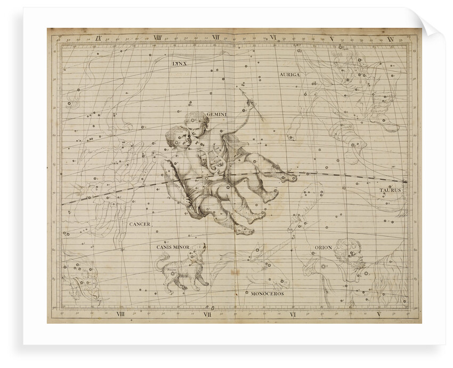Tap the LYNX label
tap(180, 63)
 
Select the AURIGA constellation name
tap(290, 75)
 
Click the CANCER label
tap(140, 224)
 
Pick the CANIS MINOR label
tap(173, 247)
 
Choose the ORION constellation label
tap(323, 247)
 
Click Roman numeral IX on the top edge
tap(99, 38)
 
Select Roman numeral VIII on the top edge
tap(158, 38)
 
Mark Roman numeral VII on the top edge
tap(216, 38)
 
